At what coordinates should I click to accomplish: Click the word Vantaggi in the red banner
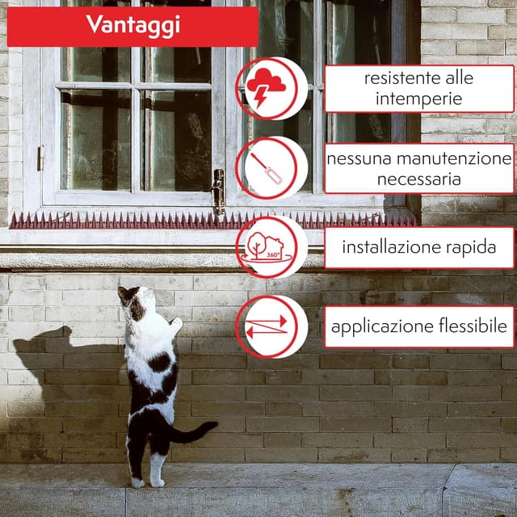pyautogui.click(x=132, y=26)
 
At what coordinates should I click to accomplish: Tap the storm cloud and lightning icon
pyautogui.click(x=271, y=87)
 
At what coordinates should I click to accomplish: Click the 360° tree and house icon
pyautogui.click(x=270, y=246)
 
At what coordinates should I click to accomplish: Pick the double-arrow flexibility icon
pyautogui.click(x=267, y=326)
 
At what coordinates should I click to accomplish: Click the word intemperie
pyautogui.click(x=418, y=99)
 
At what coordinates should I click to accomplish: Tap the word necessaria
pyautogui.click(x=418, y=179)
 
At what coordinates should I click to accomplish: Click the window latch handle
pyautogui.click(x=218, y=191)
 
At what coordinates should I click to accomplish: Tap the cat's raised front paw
pyautogui.click(x=175, y=324)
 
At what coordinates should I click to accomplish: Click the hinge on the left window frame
pyautogui.click(x=40, y=158)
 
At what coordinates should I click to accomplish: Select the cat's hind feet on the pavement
pyautogui.click(x=147, y=481)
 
